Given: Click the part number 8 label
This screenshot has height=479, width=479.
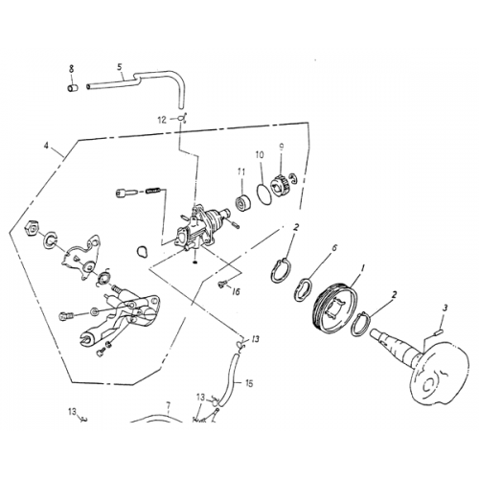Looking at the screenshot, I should coord(71,68).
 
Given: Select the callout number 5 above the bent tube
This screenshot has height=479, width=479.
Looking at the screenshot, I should coord(119,67).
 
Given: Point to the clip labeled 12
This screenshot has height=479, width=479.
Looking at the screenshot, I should coord(182,118).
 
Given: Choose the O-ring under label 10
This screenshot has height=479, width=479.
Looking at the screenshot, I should coord(262,191).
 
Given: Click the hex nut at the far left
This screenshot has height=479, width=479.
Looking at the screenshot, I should coord(30,230).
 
